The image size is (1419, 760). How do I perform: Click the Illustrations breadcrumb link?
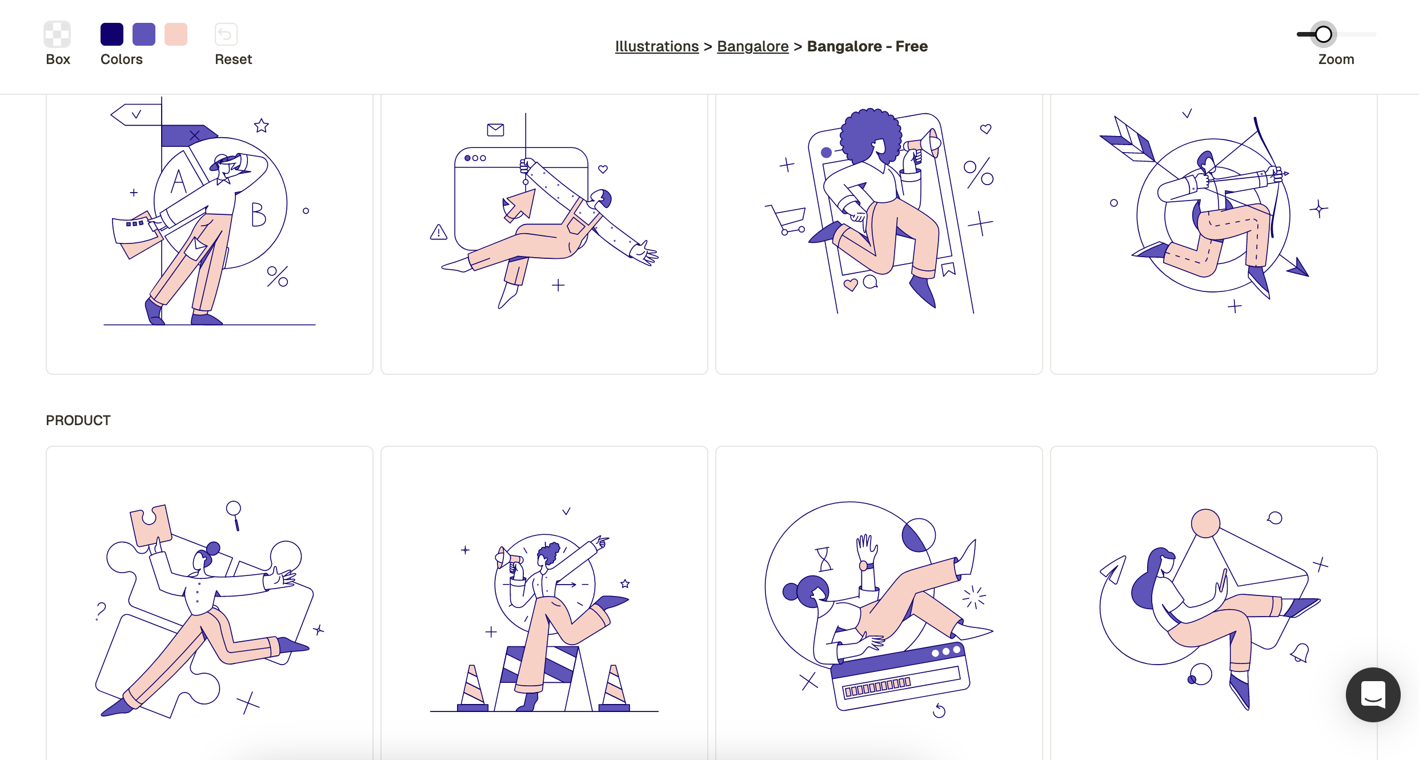tap(657, 46)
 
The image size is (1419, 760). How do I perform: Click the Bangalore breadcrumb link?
tap(753, 46)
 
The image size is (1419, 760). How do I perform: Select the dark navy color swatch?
tap(112, 34)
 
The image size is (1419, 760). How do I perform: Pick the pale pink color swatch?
tap(176, 34)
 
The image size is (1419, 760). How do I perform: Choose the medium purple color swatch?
tap(144, 34)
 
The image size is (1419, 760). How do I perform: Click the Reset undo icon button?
tap(226, 34)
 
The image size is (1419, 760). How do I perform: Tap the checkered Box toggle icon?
tap(57, 34)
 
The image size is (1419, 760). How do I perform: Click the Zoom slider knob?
tap(1324, 34)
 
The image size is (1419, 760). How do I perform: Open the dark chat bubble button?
tap(1373, 694)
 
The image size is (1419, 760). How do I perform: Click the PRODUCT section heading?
tap(78, 421)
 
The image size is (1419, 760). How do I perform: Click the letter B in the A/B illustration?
tap(258, 215)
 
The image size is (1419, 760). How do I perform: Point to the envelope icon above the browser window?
tap(495, 130)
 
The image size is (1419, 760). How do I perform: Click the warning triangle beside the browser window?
tap(439, 232)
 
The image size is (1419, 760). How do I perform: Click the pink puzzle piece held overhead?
tap(150, 525)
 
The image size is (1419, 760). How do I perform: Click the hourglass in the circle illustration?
tap(824, 559)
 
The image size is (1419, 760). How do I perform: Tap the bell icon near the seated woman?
tap(1301, 653)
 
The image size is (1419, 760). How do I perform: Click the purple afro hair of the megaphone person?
tap(870, 135)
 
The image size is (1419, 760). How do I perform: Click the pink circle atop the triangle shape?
tap(1205, 523)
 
